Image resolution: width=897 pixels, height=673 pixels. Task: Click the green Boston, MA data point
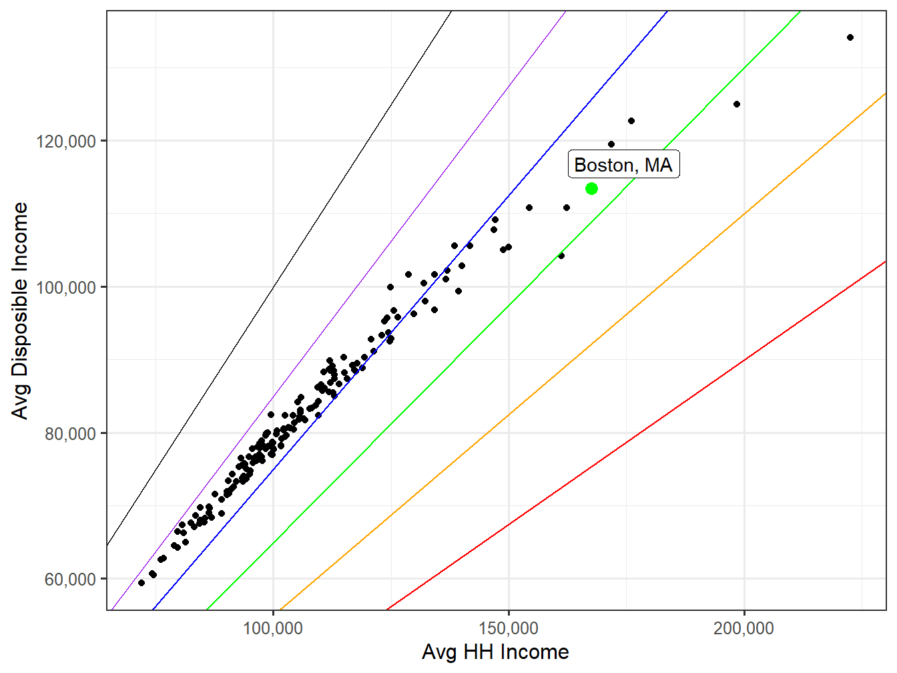coord(591,189)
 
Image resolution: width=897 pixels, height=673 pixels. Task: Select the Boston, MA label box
coord(623,165)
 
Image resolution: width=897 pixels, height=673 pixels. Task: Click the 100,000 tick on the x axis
coord(273,628)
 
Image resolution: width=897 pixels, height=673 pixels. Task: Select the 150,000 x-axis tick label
coord(509,628)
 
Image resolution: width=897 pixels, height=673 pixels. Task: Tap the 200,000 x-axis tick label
coord(743,628)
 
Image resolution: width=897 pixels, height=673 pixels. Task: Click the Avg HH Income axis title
coord(495,652)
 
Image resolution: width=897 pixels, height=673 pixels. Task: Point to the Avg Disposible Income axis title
coord(21,310)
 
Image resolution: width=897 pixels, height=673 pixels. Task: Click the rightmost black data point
coord(850,37)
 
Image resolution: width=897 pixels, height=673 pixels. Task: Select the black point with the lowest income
coord(141,583)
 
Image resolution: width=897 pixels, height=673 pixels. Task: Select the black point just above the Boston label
coord(611,144)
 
